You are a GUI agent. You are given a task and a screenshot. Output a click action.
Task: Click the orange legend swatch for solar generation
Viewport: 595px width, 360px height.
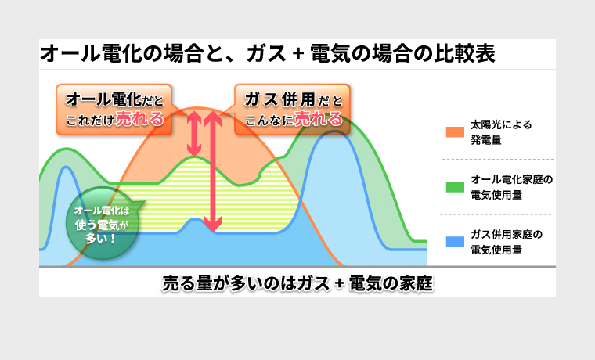455,132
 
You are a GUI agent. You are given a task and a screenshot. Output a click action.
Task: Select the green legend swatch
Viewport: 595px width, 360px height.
455,187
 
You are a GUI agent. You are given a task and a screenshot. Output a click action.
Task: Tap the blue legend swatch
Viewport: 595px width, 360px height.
455,242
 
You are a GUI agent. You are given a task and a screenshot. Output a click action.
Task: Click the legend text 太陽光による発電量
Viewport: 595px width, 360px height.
501,132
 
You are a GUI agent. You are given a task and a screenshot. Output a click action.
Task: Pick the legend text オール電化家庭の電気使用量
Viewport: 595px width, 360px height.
511,187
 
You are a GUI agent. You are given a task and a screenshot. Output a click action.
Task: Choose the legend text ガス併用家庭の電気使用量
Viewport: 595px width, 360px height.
507,242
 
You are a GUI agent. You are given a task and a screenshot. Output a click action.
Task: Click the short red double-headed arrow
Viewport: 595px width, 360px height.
194,134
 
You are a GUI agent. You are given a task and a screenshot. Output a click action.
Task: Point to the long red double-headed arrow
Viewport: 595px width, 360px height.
212,171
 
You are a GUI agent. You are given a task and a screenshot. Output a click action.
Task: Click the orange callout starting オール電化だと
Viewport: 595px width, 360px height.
114,110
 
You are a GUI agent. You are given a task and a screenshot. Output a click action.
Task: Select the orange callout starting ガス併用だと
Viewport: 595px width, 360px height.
292,110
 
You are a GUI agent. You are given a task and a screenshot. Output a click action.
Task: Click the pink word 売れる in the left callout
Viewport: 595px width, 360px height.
139,119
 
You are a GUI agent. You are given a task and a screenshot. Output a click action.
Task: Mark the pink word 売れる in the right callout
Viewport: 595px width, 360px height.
318,119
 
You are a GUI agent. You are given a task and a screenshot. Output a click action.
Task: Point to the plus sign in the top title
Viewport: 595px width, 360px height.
298,54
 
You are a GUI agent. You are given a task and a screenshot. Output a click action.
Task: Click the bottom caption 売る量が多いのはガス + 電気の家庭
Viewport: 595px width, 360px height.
297,283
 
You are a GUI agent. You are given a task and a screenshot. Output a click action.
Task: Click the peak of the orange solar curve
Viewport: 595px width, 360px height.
197,107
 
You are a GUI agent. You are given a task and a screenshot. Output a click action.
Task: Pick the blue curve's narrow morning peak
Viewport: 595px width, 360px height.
67,167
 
